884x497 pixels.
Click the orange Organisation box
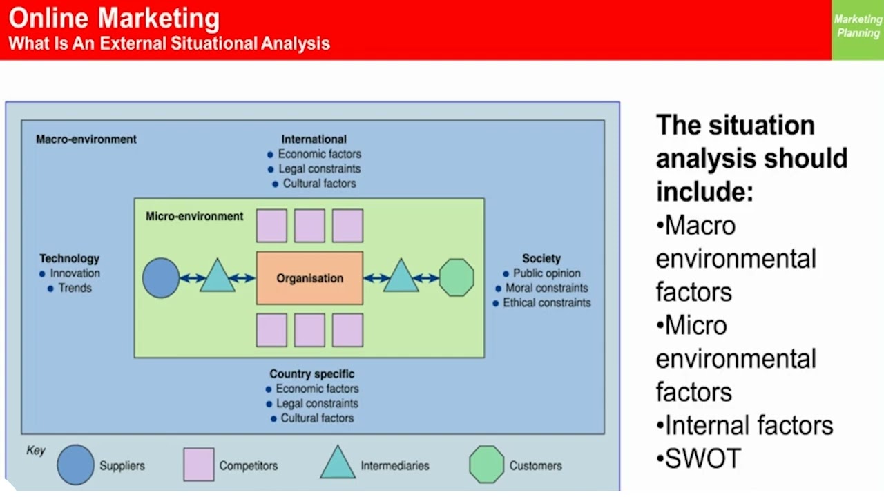(309, 278)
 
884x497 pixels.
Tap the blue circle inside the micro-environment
(161, 278)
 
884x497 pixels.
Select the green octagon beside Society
(457, 278)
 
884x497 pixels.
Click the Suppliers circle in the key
(75, 465)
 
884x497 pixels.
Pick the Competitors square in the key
(199, 465)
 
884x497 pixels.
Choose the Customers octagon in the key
(487, 465)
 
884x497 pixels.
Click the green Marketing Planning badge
(858, 27)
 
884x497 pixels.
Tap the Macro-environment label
(86, 139)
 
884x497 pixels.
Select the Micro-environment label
(195, 216)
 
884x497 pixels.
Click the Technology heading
(69, 258)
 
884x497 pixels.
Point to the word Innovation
(75, 273)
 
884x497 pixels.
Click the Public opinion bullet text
(546, 273)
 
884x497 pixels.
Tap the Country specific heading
(312, 373)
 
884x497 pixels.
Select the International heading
(314, 139)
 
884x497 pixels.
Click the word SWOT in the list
(703, 459)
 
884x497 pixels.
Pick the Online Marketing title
(114, 19)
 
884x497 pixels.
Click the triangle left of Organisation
(218, 277)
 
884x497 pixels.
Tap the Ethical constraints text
(546, 302)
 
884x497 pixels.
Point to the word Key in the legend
(36, 451)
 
